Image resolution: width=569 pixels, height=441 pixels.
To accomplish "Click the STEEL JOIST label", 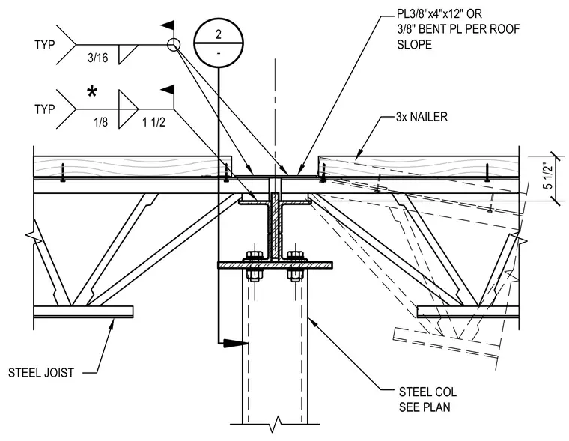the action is point(41,373).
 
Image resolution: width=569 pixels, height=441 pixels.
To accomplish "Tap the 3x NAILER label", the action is point(422,117).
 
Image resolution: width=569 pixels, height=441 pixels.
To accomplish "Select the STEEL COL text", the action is point(427,392).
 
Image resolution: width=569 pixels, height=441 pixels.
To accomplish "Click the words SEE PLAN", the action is point(425,407).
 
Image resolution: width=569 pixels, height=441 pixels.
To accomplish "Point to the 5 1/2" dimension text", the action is point(548,176).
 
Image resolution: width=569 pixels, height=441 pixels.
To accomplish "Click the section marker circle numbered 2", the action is point(218,43).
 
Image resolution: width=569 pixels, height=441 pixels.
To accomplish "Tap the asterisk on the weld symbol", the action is point(92,92).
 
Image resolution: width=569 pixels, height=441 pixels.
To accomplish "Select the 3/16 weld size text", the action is point(97,58).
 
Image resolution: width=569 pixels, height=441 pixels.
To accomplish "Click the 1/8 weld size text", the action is point(100,122).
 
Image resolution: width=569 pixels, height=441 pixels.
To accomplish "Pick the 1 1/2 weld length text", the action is point(153,122).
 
